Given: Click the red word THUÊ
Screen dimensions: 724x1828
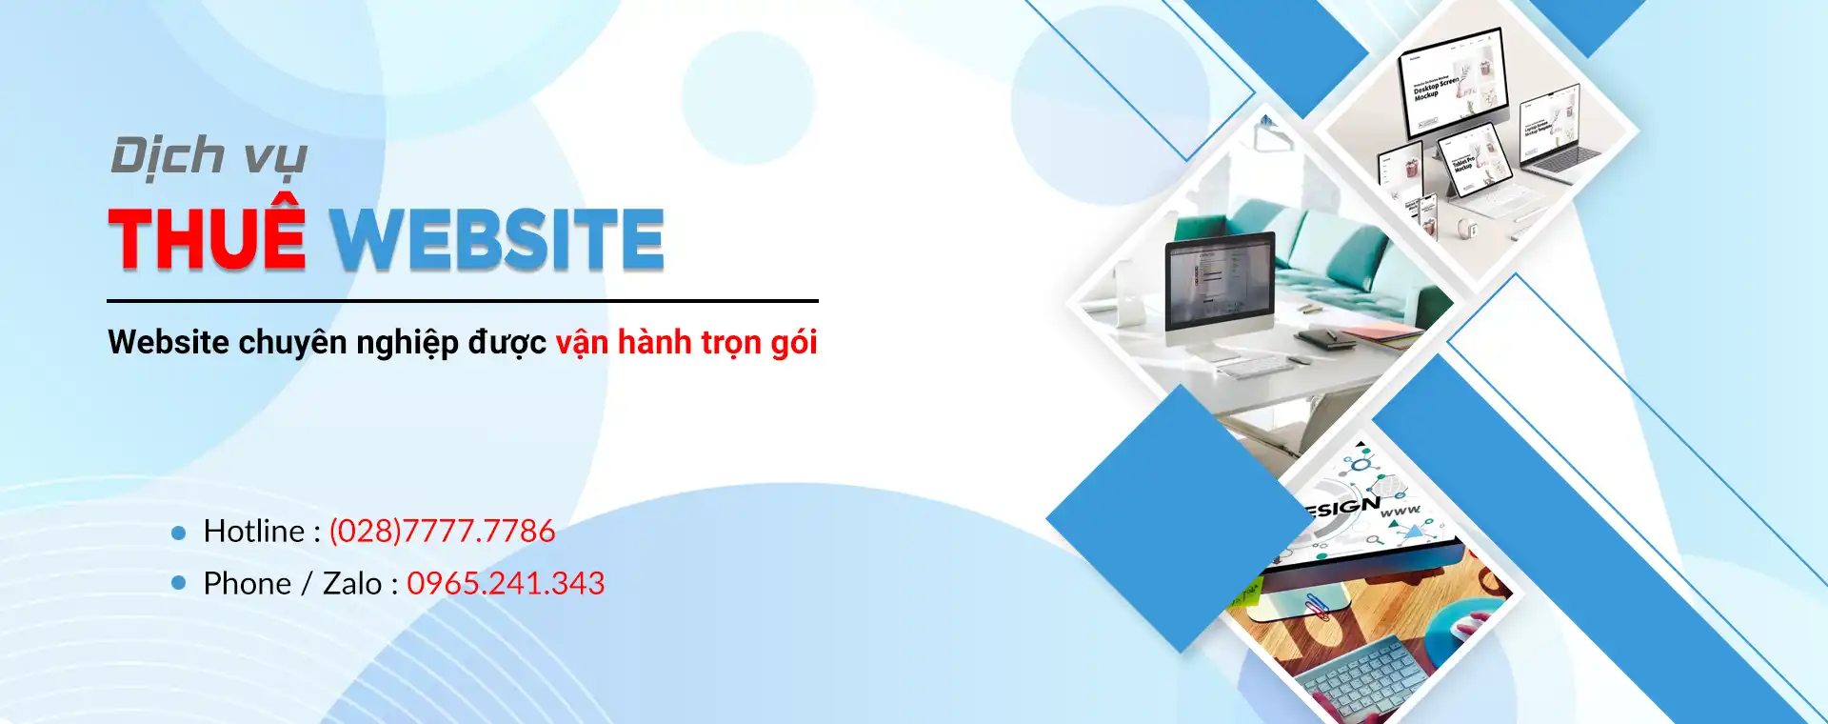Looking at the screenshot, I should tap(207, 238).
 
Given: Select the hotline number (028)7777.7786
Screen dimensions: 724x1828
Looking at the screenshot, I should tap(442, 531).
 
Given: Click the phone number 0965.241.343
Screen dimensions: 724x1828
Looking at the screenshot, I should tap(506, 583).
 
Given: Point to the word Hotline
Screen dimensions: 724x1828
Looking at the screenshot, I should tap(254, 531).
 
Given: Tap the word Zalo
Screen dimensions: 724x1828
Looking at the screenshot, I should tap(352, 583).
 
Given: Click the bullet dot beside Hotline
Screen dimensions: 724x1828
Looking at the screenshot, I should tap(178, 533).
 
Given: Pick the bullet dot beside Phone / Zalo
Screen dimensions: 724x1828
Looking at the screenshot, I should tap(178, 582).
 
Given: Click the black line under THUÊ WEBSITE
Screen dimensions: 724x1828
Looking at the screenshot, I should tap(462, 301).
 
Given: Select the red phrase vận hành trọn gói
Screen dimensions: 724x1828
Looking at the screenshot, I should tap(686, 342).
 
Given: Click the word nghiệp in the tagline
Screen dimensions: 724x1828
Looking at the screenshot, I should tap(407, 343).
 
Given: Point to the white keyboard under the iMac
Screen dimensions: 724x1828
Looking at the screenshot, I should tap(1257, 367).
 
